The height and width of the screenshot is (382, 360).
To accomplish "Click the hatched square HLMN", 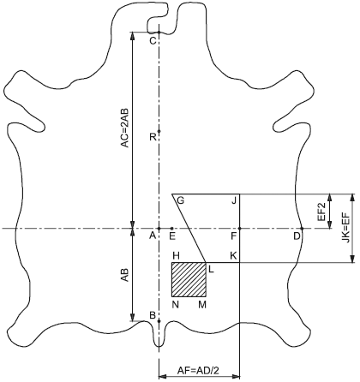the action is click(189, 280).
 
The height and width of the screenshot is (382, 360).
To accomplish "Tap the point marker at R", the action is click(159, 131).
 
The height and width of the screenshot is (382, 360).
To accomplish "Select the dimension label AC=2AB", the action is click(125, 128).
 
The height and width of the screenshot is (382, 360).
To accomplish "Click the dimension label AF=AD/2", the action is click(198, 371).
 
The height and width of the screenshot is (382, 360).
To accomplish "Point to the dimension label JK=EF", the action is click(346, 229).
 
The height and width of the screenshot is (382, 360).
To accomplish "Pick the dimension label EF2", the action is click(322, 212).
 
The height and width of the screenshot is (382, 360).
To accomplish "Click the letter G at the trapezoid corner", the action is click(181, 200).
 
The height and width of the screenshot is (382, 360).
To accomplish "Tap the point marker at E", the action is click(171, 229).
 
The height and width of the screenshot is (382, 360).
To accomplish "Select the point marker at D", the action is click(302, 229).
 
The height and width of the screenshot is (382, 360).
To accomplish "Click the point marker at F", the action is click(239, 229).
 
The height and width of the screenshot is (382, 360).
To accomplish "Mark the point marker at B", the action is click(159, 321).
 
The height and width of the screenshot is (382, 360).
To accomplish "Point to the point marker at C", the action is click(159, 32).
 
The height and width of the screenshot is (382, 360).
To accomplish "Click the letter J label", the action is click(234, 201).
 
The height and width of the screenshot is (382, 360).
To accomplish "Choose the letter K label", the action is click(233, 255).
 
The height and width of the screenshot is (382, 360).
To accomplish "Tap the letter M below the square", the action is click(202, 305).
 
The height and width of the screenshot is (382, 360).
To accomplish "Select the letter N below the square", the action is click(176, 305).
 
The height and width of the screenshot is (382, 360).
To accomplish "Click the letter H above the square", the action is click(176, 255).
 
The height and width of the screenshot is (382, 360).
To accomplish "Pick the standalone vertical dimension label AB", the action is click(125, 275).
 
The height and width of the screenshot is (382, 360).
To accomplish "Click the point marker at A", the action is click(159, 229).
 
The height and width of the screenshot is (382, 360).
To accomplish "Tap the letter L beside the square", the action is click(211, 269).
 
